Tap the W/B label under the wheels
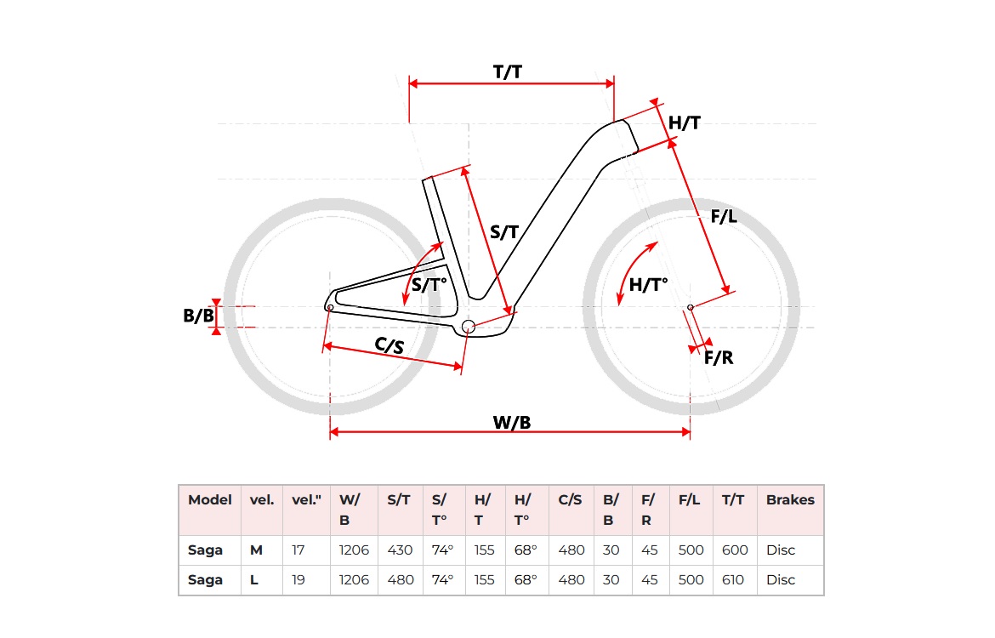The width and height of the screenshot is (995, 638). [x=512, y=422]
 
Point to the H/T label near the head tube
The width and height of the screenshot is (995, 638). [x=684, y=123]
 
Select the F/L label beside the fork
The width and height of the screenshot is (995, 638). [x=724, y=216]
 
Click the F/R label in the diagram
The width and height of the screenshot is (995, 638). [x=719, y=357]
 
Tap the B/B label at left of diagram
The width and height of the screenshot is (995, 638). [x=198, y=316]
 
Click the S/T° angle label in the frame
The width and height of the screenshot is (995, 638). [x=429, y=285]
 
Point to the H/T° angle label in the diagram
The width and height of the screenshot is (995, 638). [x=649, y=285]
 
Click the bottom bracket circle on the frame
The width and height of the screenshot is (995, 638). [x=467, y=327]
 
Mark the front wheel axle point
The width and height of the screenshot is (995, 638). [x=690, y=307]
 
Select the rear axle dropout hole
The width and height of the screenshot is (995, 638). [x=330, y=307]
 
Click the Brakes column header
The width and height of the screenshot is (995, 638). [x=790, y=500]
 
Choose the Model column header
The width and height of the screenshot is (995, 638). [x=210, y=500]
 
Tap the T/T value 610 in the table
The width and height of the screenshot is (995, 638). [x=732, y=580]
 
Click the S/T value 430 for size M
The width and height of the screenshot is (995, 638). [x=401, y=550]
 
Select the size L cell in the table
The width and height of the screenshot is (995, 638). [x=255, y=580]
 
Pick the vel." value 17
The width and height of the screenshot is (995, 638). [x=298, y=550]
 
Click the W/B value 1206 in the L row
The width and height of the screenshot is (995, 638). [x=354, y=580]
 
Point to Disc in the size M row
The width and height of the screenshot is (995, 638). [x=781, y=550]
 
